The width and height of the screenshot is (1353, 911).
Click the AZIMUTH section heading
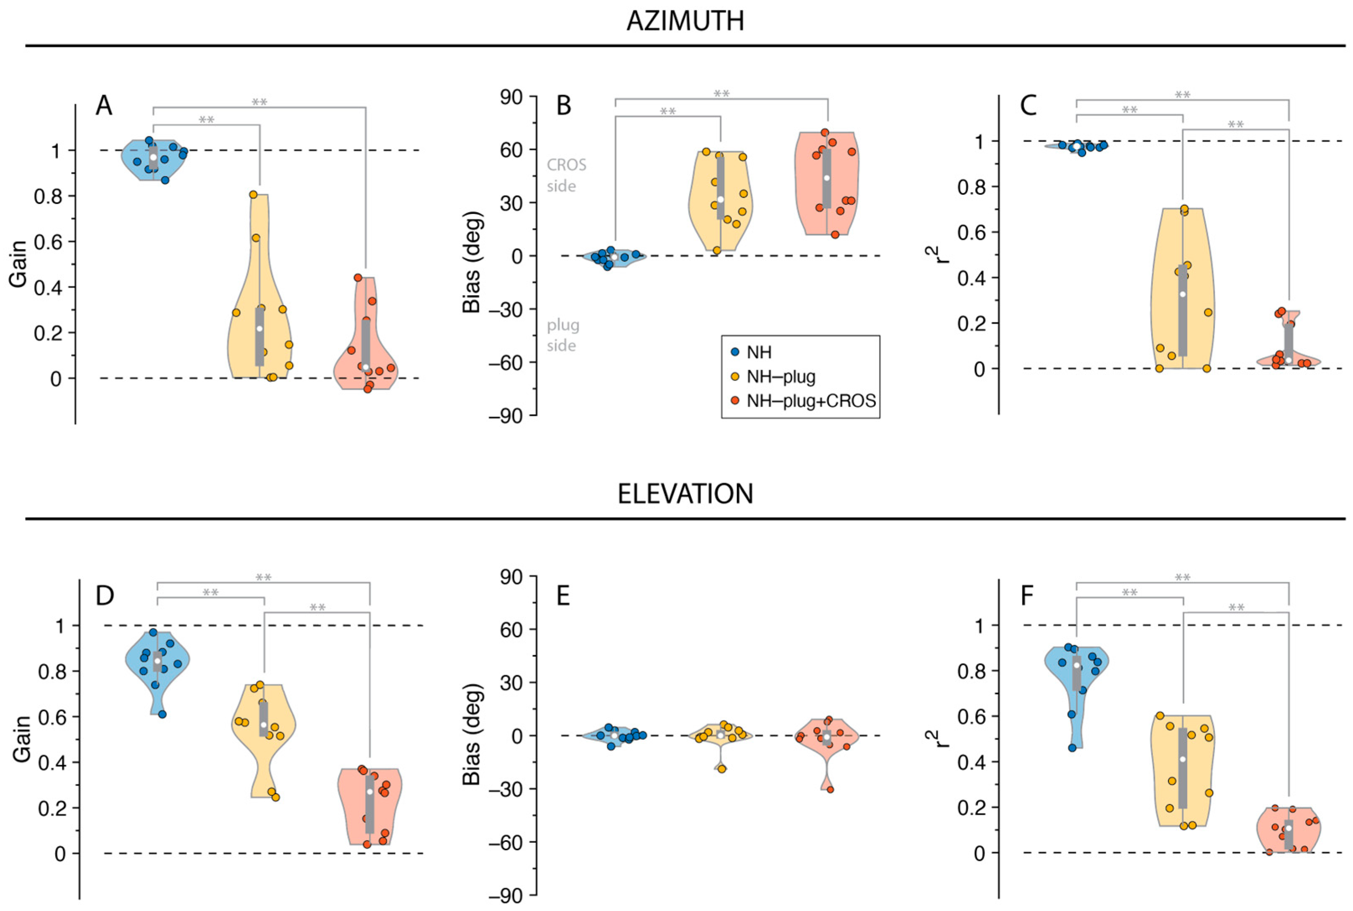coord(685,21)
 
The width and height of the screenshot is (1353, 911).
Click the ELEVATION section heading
coord(685,494)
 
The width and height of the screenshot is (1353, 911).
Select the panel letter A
coord(104,106)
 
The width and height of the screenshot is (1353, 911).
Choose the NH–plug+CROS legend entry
coord(811,401)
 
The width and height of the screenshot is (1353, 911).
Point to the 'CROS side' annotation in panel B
coord(566,175)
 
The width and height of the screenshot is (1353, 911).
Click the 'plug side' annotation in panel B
coord(562,335)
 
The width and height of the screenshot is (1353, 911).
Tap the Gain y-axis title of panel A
coord(18,264)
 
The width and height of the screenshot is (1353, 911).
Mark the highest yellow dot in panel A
coord(254,195)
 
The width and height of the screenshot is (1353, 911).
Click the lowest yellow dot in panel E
coord(722,769)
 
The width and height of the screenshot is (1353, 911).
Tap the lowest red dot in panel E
coord(830,790)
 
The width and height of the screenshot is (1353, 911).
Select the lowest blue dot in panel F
coord(1072,748)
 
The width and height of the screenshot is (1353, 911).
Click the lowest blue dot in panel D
coord(163,714)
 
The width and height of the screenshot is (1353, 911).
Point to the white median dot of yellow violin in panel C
coord(1182,294)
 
